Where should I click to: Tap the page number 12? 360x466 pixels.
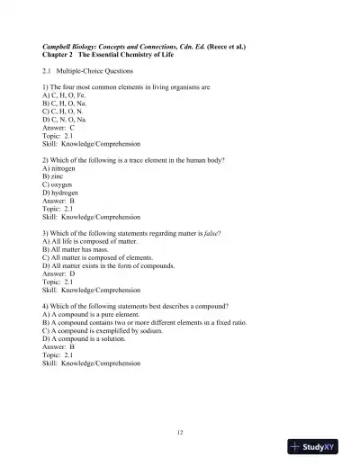pos(180,434)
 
